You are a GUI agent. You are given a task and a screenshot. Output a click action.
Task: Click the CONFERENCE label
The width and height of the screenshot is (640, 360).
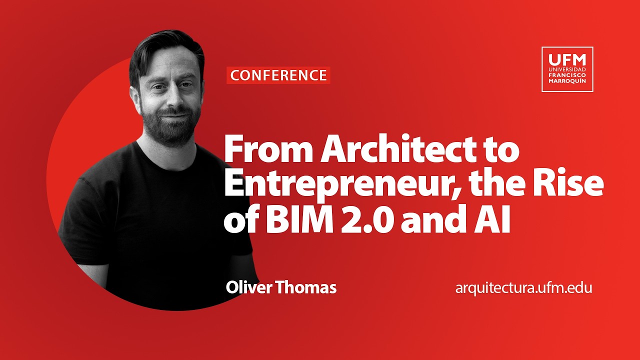coord(278,75)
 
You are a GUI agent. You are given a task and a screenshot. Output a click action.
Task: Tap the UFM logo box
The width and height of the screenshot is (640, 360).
coord(567,69)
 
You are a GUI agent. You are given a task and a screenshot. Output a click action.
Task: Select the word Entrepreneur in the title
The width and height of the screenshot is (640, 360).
coord(329,185)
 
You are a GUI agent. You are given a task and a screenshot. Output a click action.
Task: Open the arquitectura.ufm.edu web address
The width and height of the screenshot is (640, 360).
coord(523,288)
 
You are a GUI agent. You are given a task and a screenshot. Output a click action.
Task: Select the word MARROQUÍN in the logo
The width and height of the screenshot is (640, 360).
coord(567,81)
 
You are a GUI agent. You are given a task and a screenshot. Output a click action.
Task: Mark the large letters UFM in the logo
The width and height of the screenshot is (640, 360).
coord(567,58)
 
